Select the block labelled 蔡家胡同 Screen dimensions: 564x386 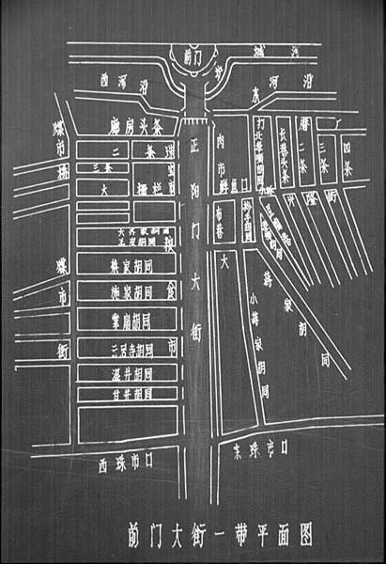pyautogui.click(x=127, y=265)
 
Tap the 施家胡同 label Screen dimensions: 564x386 pyautogui.click(x=127, y=291)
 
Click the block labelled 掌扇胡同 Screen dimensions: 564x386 pyautogui.click(x=127, y=321)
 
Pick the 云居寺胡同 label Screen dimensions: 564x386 pyautogui.click(x=127, y=351)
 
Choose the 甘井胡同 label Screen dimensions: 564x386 pyautogui.click(x=127, y=394)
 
